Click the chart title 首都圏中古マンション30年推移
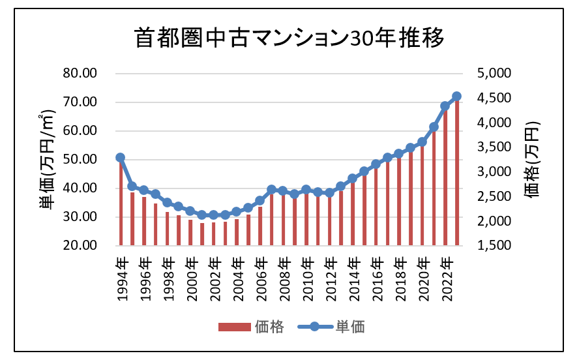(x=289, y=38)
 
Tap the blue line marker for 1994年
(x=120, y=158)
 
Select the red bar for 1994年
(x=120, y=202)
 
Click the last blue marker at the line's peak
(x=456, y=97)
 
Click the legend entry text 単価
(x=350, y=327)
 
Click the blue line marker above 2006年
(x=259, y=201)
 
